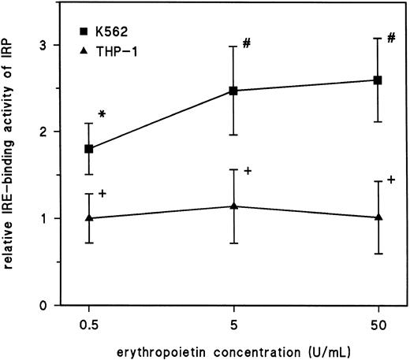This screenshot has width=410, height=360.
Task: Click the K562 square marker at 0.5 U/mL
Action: [89, 149]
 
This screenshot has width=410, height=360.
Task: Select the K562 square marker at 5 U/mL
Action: [233, 91]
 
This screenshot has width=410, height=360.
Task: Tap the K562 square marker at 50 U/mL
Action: [378, 80]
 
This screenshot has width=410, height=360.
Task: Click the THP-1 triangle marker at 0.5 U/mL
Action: [89, 217]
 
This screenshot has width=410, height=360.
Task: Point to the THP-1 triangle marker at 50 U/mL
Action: [378, 217]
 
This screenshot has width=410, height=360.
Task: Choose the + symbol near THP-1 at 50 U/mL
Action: [391, 180]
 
